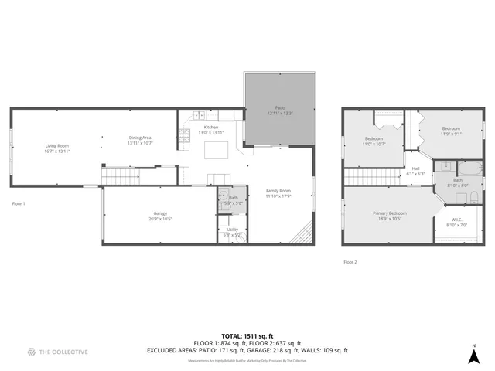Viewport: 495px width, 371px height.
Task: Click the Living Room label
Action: (x=56, y=145)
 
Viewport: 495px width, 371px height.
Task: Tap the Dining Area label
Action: (x=141, y=138)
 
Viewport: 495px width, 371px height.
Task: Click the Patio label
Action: (x=280, y=109)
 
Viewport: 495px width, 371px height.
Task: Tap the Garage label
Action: (x=160, y=213)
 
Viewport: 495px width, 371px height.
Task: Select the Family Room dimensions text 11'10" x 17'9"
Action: (x=278, y=196)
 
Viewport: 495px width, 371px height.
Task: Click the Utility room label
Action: (x=233, y=230)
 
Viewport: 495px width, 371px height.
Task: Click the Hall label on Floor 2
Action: (x=415, y=168)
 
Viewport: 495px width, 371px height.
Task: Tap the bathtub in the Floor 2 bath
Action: (x=469, y=168)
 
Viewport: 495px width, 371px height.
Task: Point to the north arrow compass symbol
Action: (x=473, y=355)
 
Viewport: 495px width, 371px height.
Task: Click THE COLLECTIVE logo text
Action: (x=64, y=352)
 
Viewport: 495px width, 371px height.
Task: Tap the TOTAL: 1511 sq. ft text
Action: (x=247, y=336)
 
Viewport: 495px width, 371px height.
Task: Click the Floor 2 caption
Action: (x=350, y=262)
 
